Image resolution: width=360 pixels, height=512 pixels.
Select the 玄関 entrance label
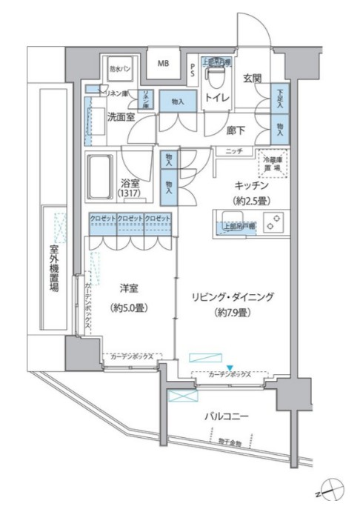click(253, 76)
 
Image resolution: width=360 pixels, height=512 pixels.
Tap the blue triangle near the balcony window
click(230, 368)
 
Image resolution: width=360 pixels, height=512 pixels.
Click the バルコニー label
click(226, 417)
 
